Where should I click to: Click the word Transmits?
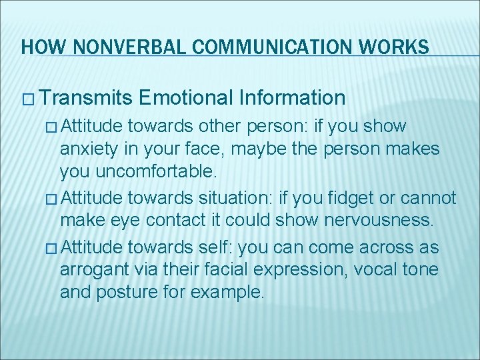85,99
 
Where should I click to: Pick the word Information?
292,99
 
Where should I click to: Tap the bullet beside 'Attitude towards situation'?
53,199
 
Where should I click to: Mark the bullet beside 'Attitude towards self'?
53,248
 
